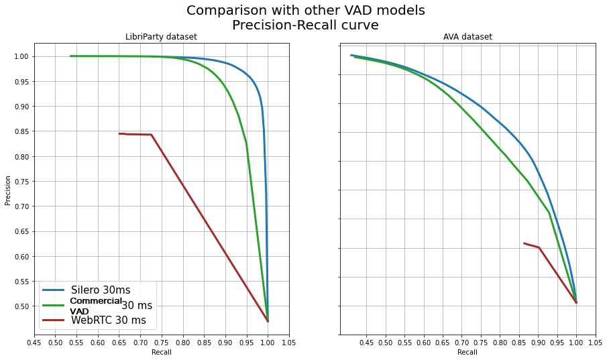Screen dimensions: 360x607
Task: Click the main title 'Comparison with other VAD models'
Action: [x=305, y=11]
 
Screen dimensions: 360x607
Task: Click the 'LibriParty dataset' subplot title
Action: [x=162, y=37]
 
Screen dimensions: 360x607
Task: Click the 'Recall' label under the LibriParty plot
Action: [x=162, y=352]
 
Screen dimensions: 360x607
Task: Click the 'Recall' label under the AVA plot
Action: [x=467, y=352]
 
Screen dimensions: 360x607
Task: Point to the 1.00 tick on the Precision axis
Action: [x=21, y=56]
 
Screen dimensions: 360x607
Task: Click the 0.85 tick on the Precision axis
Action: [x=21, y=131]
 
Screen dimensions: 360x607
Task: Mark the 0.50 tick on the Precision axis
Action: [x=21, y=306]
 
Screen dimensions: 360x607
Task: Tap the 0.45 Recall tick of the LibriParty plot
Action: [x=34, y=343]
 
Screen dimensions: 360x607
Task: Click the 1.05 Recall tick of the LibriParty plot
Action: [x=289, y=343]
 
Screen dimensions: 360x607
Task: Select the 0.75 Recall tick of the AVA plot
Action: [x=480, y=343]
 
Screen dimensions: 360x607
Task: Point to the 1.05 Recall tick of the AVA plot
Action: [x=595, y=343]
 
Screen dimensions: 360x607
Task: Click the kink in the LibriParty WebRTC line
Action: [x=152, y=135]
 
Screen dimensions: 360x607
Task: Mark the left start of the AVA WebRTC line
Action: [x=524, y=243]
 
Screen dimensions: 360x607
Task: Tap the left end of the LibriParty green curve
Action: [x=70, y=56]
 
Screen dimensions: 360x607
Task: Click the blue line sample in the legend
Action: [x=54, y=290]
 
